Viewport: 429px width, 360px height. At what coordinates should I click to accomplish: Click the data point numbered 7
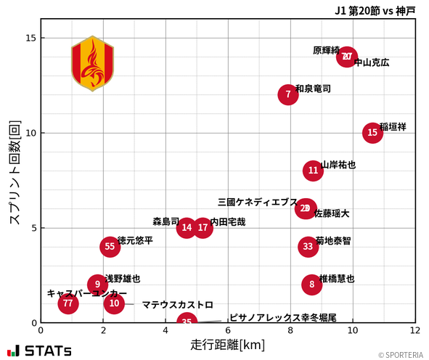[288, 94]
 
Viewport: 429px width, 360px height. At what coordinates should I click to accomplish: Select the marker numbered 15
[372, 133]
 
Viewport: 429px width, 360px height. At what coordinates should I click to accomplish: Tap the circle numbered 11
[313, 171]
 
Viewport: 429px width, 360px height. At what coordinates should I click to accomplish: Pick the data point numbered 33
[309, 247]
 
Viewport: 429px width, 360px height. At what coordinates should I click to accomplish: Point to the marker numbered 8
[312, 285]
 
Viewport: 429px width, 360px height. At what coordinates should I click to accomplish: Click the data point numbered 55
[110, 247]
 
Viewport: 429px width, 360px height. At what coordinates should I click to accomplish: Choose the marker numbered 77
[68, 303]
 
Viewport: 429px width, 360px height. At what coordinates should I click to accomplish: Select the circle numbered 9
[97, 285]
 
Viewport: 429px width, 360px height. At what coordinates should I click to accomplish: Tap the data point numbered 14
[187, 228]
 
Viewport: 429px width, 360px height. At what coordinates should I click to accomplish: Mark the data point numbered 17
[203, 228]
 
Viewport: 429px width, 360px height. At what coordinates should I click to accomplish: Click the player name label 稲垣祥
[393, 127]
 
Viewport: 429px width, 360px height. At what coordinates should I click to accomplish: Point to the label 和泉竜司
[313, 89]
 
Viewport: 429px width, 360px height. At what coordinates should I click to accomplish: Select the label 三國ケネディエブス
[258, 202]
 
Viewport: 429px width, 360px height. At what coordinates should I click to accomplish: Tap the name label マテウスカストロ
[177, 305]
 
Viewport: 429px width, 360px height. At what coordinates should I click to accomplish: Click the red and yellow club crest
[92, 63]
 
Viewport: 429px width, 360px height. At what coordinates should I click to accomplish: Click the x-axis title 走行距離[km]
[227, 344]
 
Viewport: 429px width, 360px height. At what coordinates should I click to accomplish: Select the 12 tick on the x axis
[415, 331]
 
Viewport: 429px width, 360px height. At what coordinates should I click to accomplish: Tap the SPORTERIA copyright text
[400, 355]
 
